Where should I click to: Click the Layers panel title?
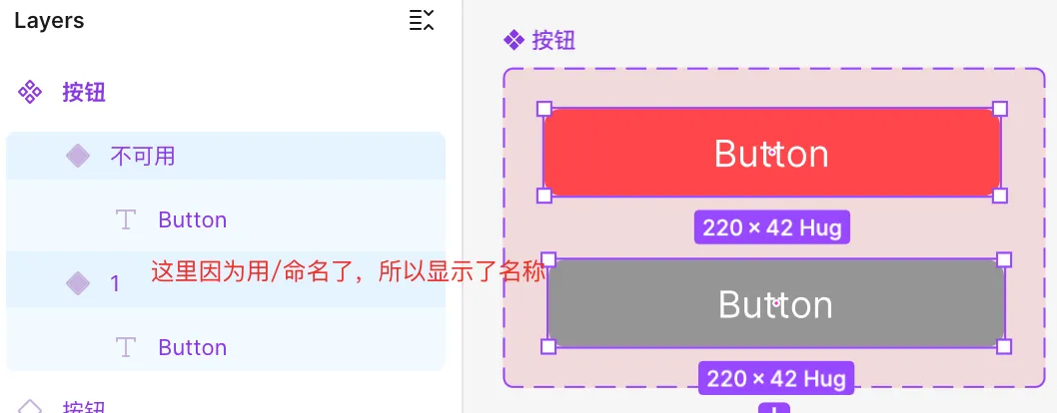(x=49, y=20)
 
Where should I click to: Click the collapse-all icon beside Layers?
(x=422, y=20)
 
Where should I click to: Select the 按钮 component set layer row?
(x=84, y=93)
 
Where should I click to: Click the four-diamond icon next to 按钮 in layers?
(x=30, y=93)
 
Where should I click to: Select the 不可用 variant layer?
(x=143, y=156)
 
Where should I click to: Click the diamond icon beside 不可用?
(x=78, y=156)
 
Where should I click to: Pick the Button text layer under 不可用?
(x=192, y=219)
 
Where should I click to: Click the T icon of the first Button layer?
(x=126, y=219)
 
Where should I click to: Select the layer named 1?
(x=115, y=283)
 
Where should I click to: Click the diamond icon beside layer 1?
(x=78, y=283)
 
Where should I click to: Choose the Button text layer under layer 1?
(x=192, y=347)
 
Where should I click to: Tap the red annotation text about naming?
(x=349, y=271)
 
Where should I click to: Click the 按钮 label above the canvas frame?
(x=553, y=40)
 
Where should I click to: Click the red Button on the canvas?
(x=771, y=153)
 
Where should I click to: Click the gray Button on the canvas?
(x=775, y=304)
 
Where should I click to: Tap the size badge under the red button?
(x=771, y=227)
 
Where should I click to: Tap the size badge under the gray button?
(x=775, y=378)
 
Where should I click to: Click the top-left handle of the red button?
(x=544, y=109)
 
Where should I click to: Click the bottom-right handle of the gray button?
(x=1004, y=346)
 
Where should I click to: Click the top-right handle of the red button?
(x=1000, y=109)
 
